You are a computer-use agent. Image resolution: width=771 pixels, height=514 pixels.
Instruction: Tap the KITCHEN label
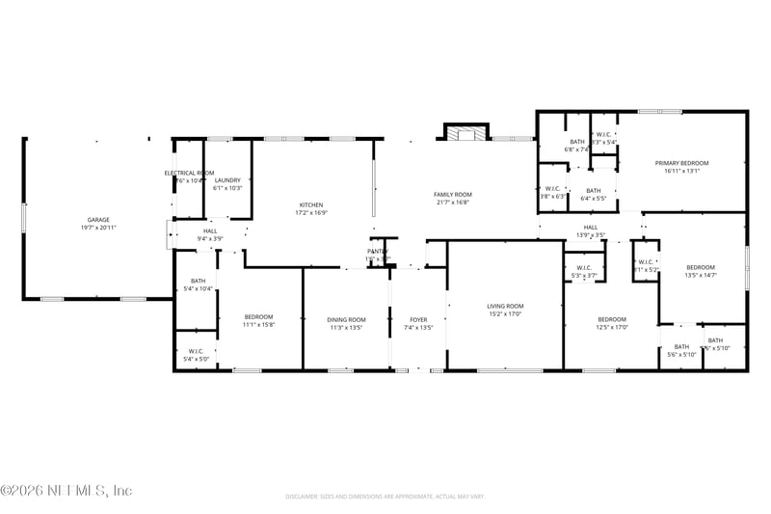[311, 204]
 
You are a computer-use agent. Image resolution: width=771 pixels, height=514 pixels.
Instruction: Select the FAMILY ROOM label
[452, 194]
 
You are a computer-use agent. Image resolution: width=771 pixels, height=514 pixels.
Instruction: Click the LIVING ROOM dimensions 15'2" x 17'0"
[504, 314]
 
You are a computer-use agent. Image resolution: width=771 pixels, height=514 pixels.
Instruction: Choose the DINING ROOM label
[346, 319]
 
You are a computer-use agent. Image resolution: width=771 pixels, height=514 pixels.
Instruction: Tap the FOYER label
[418, 319]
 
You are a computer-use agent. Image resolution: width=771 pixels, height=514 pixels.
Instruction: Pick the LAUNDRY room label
[227, 180]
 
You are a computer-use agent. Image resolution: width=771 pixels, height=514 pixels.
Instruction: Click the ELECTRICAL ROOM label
[188, 173]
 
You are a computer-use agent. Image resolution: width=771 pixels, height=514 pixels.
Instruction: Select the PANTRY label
[376, 251]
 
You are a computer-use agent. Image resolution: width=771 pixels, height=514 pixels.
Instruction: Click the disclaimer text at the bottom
[385, 496]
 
